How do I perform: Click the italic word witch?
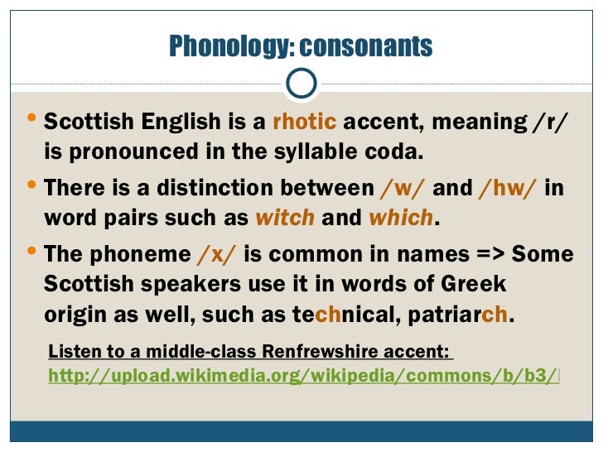(285, 219)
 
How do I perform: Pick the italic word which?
(401, 219)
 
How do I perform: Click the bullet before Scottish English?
(30, 121)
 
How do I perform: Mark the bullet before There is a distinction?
(30, 185)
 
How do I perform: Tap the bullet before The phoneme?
(30, 251)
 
